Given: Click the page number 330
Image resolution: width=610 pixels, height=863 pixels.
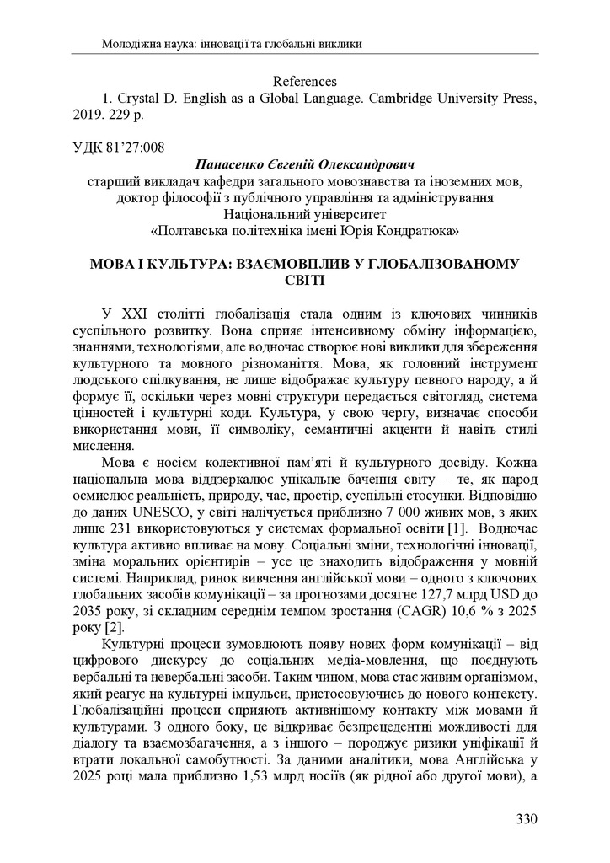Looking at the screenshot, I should [526, 818].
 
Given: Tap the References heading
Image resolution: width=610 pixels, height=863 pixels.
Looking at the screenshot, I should [305, 82].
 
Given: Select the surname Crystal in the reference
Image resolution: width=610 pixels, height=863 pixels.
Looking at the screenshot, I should [139, 99].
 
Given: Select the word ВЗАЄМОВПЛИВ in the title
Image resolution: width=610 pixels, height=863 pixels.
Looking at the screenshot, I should [293, 264].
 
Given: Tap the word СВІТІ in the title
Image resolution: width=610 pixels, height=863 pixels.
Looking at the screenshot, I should [305, 280].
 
